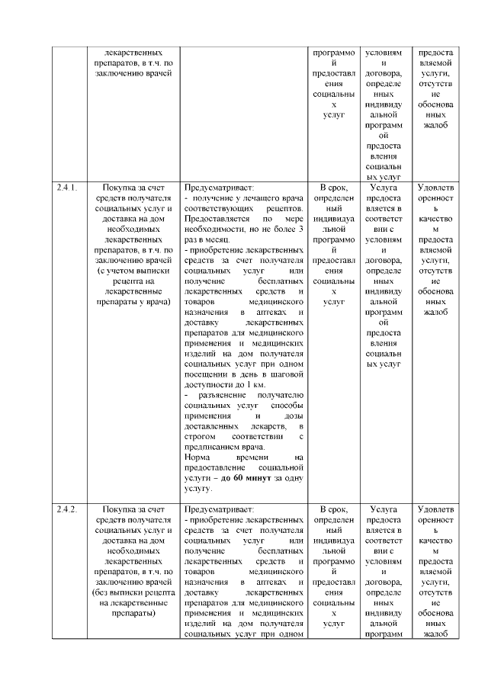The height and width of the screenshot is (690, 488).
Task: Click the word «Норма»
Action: click(199, 457)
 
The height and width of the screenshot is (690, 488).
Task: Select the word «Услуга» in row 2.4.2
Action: click(383, 509)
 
